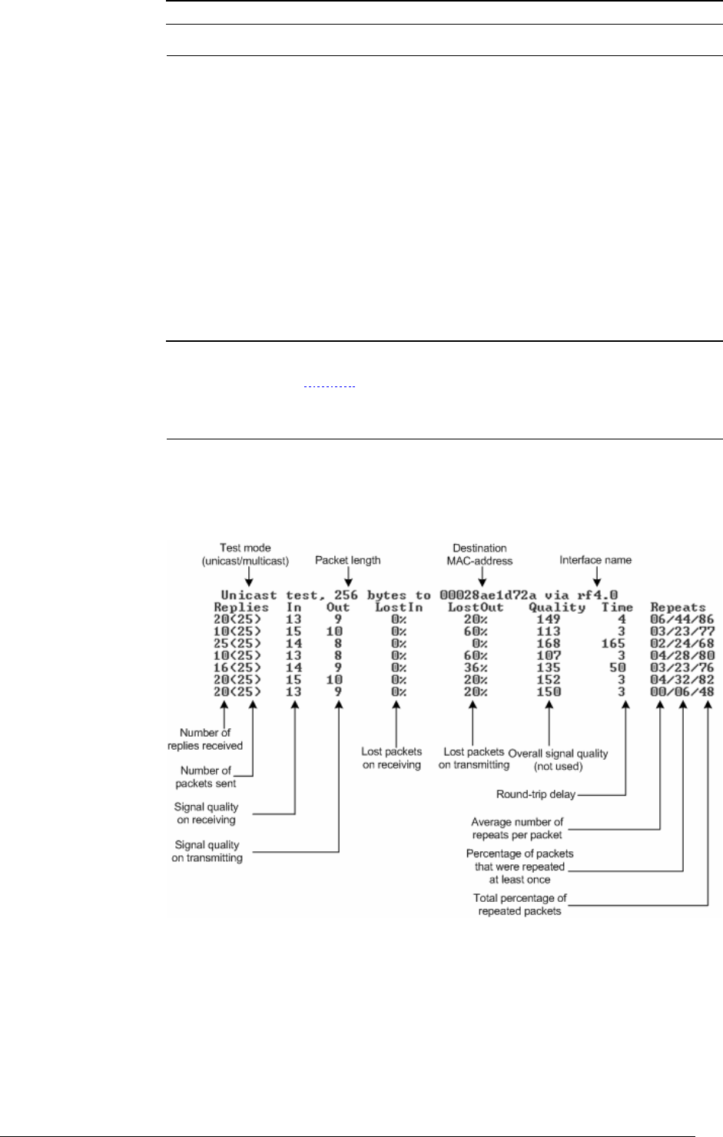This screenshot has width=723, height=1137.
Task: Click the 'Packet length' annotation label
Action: (x=347, y=560)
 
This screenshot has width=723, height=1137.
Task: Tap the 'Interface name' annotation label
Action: (x=596, y=560)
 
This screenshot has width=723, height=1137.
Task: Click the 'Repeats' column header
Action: (x=678, y=607)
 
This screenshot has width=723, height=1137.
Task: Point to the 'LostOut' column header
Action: (x=476, y=607)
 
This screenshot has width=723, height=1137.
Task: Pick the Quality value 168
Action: (x=549, y=642)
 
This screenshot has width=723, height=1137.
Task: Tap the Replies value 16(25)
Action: (x=237, y=667)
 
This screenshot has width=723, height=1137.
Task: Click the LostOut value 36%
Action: (x=476, y=667)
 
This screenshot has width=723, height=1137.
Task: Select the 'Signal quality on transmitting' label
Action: (x=207, y=851)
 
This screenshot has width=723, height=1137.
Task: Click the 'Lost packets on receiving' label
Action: (x=391, y=757)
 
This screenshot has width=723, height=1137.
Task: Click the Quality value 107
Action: (x=549, y=655)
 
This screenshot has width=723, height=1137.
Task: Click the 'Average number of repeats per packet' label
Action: (x=517, y=828)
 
